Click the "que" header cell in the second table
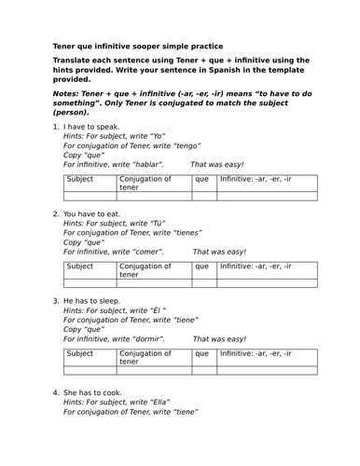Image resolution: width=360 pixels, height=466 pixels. pos(202,266)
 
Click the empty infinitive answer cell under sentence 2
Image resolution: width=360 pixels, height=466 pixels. pos(267,282)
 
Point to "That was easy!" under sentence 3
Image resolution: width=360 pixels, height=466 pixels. pos(218,339)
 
